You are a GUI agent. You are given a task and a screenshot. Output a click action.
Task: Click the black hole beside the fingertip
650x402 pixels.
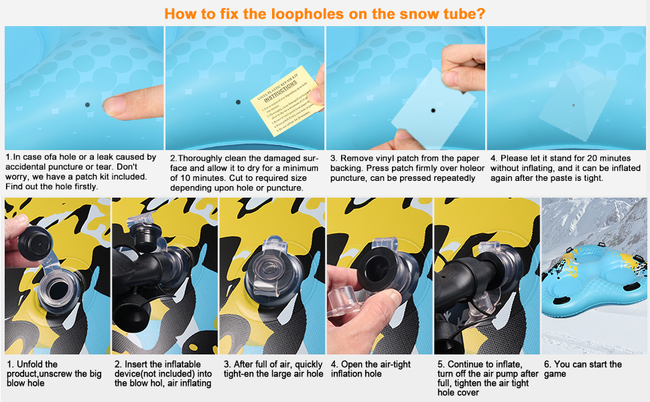click(88, 105)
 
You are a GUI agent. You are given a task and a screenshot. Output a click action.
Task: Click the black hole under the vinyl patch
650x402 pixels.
click(433, 109)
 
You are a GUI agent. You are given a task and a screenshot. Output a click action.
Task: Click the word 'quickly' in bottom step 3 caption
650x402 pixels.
click(304, 364)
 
